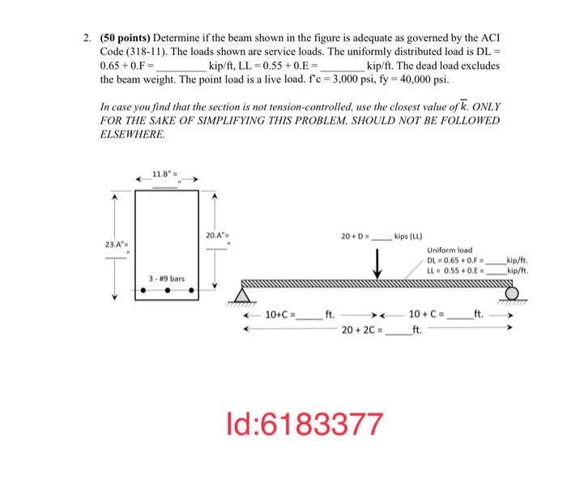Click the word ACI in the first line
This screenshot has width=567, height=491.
[489, 39]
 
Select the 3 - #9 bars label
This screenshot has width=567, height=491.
[166, 278]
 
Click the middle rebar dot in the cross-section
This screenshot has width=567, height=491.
[167, 290]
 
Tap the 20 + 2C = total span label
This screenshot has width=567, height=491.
[362, 331]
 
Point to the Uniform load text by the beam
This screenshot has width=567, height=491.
[450, 250]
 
